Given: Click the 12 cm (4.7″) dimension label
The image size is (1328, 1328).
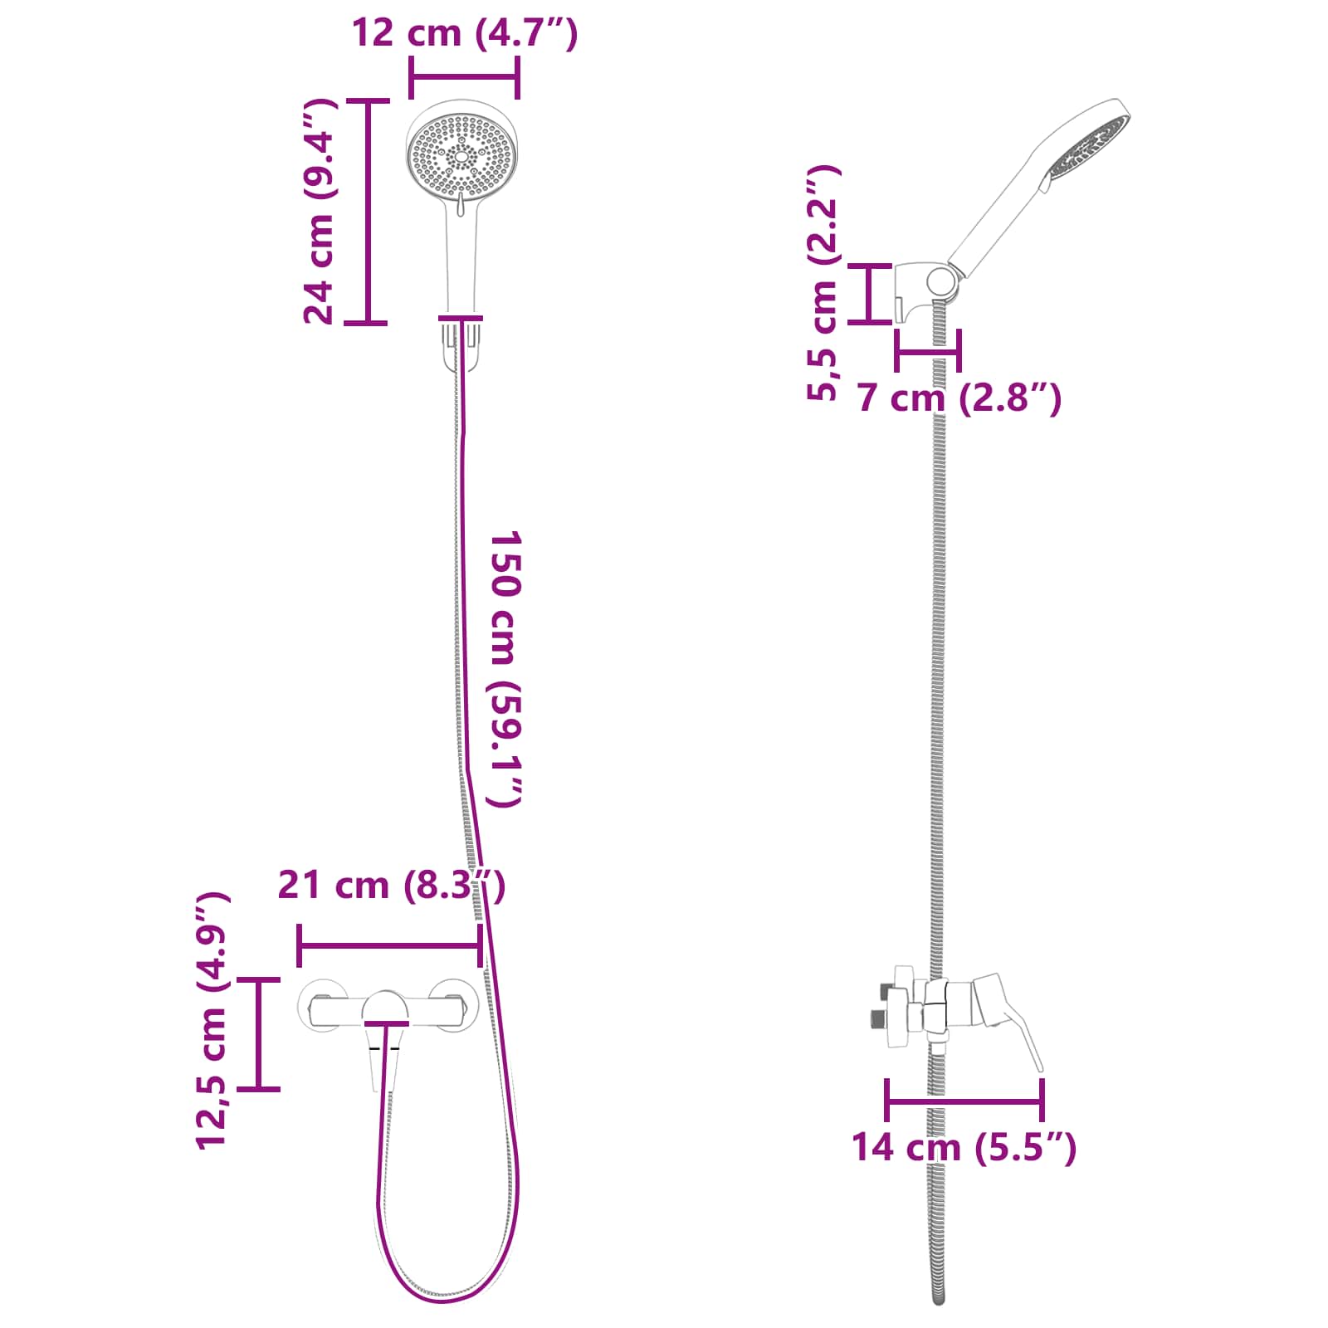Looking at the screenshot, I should [x=464, y=33].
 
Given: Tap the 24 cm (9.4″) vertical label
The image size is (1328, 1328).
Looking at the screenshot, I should [x=320, y=212].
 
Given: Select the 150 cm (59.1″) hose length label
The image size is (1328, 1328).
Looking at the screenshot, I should [x=505, y=668].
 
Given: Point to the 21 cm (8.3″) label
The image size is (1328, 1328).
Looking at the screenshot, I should [x=391, y=885].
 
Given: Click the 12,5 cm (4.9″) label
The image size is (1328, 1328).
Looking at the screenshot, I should [x=212, y=1021].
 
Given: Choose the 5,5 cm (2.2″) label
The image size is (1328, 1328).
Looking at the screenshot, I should [x=823, y=283].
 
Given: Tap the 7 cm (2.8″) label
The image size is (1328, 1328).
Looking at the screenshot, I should [x=959, y=398].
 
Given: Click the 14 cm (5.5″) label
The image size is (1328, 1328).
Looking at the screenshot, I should [x=964, y=1147].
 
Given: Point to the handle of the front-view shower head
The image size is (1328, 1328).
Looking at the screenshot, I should [x=461, y=257].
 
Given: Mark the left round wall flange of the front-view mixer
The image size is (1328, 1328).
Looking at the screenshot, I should [x=322, y=1007].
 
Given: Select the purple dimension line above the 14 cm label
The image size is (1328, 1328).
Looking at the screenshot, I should [x=964, y=1101].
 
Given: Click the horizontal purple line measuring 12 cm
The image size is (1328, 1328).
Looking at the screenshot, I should [x=464, y=78].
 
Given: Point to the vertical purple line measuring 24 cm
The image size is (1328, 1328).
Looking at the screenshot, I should [x=366, y=212].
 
